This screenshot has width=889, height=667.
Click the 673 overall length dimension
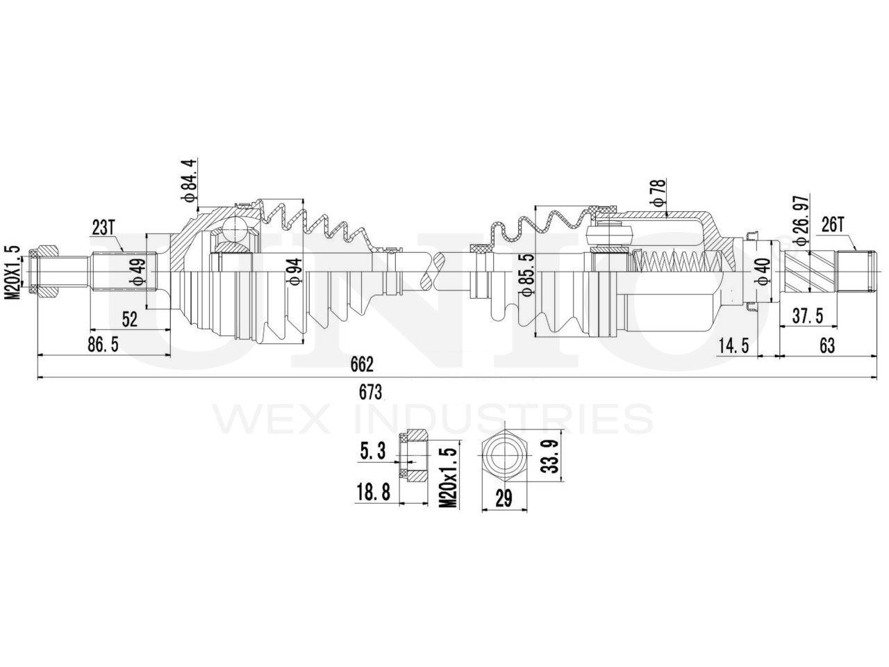click(370, 392)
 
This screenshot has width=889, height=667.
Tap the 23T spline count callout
click(105, 227)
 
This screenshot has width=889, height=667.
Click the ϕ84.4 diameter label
click(192, 181)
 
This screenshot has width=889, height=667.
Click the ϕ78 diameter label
click(658, 192)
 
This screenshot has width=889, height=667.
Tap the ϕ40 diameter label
click(763, 270)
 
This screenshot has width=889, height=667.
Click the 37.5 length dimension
click(808, 317)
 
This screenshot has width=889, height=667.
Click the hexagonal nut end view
click(504, 456)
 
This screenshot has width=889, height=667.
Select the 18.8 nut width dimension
click(372, 493)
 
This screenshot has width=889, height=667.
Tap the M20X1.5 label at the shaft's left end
click(12, 272)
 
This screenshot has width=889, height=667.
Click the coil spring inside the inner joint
click(676, 263)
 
